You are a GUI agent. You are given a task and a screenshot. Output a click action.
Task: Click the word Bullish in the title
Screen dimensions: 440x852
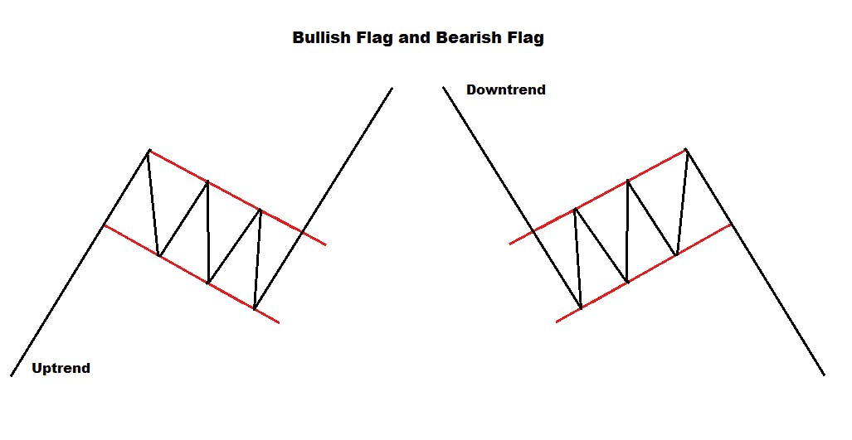click(x=320, y=38)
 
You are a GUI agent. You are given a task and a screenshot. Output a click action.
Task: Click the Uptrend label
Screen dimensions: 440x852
click(x=61, y=368)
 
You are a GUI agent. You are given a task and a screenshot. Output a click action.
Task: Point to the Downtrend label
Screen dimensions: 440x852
click(x=506, y=89)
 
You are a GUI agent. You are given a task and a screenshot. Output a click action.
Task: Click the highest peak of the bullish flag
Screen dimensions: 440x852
click(x=148, y=150)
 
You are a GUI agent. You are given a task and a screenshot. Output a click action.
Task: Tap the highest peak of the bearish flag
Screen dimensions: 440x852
click(x=686, y=149)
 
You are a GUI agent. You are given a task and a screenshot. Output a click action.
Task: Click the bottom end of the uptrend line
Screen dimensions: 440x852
click(x=12, y=375)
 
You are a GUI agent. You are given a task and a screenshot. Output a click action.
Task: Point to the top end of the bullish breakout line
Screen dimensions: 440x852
click(x=392, y=87)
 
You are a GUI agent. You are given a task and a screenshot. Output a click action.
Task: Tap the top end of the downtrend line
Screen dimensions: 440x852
click(x=444, y=87)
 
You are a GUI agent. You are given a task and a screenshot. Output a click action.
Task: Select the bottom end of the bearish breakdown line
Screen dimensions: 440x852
click(x=824, y=375)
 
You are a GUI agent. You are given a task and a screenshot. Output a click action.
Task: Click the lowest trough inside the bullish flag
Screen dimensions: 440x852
click(x=255, y=309)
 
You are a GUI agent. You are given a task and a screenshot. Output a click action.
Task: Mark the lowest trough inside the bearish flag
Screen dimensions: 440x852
click(x=581, y=308)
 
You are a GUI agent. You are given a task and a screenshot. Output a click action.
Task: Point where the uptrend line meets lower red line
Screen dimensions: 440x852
click(x=104, y=225)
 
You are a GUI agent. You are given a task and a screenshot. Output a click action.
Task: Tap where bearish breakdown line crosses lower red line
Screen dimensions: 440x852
click(x=731, y=224)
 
